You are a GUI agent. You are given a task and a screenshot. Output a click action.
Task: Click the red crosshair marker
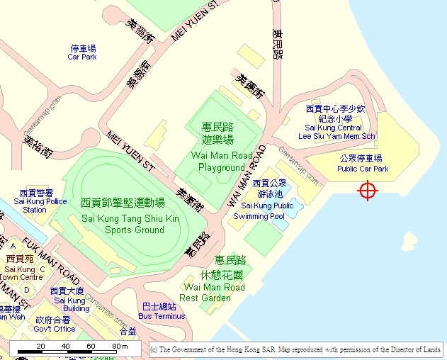tap(368, 191)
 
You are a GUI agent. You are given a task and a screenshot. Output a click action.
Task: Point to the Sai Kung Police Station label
tap(40, 201)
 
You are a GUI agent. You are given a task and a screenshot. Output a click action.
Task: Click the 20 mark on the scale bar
tap(41, 346)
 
